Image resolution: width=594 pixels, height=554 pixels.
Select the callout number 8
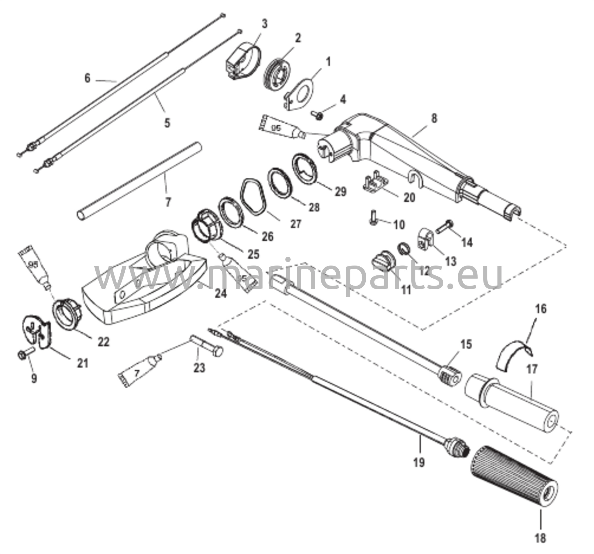pos(434,118)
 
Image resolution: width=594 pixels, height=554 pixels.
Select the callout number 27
pos(296,224)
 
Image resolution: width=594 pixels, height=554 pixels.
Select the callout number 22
pos(103,342)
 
